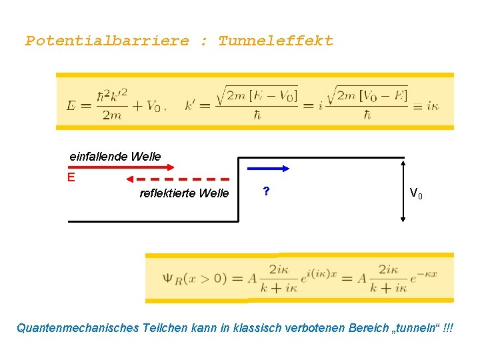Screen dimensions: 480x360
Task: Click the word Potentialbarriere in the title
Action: pos(107,41)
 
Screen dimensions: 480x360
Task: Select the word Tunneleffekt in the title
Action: pos(275,41)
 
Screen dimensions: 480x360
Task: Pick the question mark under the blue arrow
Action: pos(266,191)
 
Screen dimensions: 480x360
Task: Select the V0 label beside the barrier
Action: pos(415,194)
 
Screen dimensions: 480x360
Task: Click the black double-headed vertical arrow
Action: pos(403,190)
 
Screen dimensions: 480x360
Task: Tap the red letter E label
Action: pos(71,177)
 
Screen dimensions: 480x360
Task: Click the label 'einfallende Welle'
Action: pos(115,156)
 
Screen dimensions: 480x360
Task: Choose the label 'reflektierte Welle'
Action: pos(184,193)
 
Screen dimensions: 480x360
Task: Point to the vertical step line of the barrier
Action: pos(238,190)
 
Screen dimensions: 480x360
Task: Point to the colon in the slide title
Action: pos(204,41)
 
